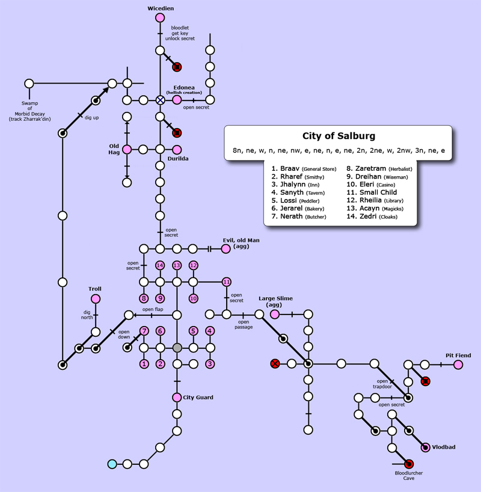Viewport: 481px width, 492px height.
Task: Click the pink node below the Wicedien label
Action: [160, 18]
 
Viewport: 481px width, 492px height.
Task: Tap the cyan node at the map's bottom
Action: [111, 464]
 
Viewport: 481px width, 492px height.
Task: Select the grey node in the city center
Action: [177, 348]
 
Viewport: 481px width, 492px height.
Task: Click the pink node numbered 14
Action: [160, 265]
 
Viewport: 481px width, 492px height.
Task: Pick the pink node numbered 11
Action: [227, 281]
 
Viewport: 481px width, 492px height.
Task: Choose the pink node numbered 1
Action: [144, 364]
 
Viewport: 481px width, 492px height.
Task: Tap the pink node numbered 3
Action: [210, 364]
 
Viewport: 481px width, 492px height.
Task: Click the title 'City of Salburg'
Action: [339, 136]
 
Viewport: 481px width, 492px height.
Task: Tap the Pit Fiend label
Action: [458, 355]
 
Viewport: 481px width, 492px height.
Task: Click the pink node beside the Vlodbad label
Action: [426, 447]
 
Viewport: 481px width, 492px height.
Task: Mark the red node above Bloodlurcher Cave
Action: [409, 463]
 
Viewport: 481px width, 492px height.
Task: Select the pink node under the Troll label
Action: [95, 299]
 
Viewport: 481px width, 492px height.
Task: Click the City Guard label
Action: [198, 398]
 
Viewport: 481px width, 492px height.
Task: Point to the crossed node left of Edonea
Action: [160, 100]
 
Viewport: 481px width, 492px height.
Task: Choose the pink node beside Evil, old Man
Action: [226, 248]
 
